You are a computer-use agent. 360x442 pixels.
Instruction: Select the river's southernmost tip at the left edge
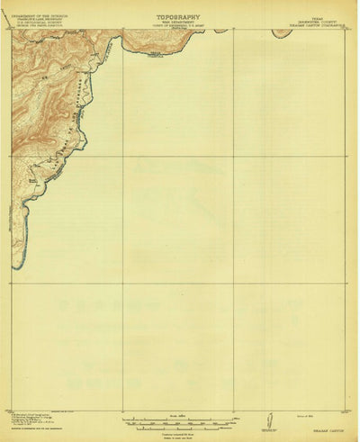click(x=17, y=266)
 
